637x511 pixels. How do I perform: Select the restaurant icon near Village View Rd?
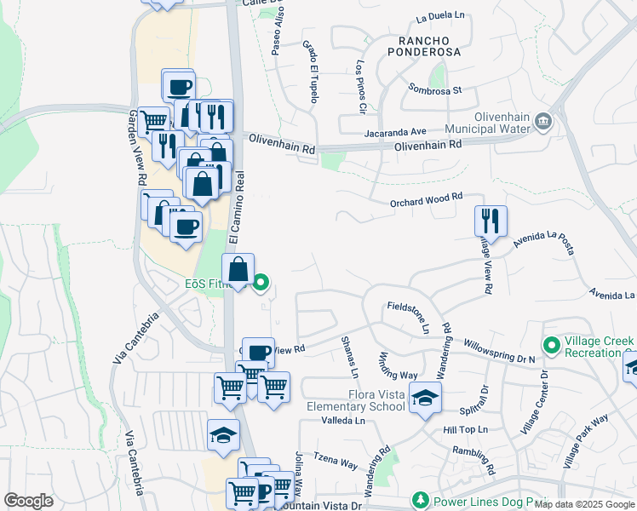pos(491,221)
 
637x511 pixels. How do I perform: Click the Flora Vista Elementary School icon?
pos(425,397)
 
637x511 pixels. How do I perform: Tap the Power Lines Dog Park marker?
pos(419,499)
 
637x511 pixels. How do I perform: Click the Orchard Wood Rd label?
pos(426,198)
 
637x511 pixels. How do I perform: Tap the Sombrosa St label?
pos(434,89)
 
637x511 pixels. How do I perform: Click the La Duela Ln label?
pos(441,16)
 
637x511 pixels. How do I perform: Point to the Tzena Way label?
pos(336,462)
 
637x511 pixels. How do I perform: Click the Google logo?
pos(28,501)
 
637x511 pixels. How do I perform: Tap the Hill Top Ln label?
pos(464,430)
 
